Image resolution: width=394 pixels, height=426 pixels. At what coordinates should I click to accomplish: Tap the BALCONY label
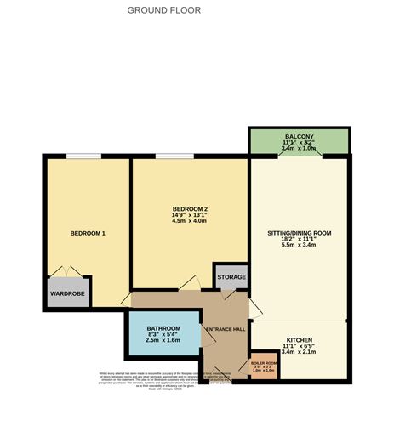pyautogui.click(x=299, y=137)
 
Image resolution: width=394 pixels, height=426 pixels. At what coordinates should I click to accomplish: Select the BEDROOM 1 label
pyautogui.click(x=87, y=233)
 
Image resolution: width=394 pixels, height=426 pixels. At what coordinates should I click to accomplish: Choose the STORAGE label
pyautogui.click(x=231, y=277)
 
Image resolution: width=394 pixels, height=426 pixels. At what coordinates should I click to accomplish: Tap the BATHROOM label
pyautogui.click(x=163, y=328)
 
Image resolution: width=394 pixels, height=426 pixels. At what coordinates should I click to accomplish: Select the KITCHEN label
pyautogui.click(x=299, y=338)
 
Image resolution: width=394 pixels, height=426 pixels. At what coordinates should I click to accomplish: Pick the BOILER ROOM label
pyautogui.click(x=264, y=362)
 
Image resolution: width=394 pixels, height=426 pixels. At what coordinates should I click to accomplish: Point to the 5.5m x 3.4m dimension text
pyautogui.click(x=298, y=247)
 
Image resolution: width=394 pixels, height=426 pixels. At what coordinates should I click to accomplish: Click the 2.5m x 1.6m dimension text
pyautogui.click(x=163, y=341)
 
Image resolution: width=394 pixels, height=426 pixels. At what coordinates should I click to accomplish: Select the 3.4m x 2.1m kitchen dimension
pyautogui.click(x=299, y=352)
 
